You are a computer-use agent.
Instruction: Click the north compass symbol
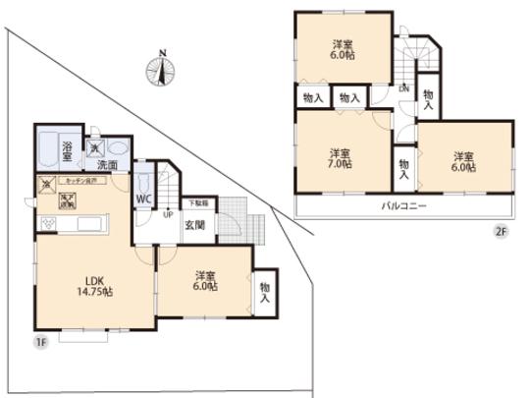pos(161,68)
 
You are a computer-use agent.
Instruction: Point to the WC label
pos(143,199)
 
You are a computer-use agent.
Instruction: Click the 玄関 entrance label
pos(193,224)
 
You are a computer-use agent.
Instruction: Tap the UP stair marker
pos(168,214)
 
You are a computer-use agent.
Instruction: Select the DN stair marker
pos(403,87)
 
